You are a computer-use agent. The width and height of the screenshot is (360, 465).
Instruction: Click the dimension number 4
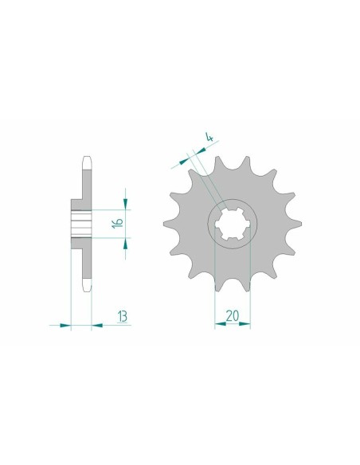coord(209,139)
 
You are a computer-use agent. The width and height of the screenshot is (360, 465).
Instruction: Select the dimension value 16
coord(116,221)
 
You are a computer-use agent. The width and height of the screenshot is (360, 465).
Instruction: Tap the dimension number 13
coord(123,316)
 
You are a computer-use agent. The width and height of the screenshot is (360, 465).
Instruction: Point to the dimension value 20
coord(232,316)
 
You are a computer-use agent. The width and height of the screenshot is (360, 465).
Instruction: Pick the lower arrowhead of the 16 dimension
coord(125,243)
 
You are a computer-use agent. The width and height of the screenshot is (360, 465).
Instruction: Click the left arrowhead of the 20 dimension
coord(218,325)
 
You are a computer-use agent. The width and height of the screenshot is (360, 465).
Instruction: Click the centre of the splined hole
coord(232,221)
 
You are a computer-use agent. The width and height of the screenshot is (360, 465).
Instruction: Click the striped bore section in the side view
coord(80,220)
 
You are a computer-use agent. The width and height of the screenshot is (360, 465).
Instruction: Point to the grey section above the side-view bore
coord(84,183)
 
